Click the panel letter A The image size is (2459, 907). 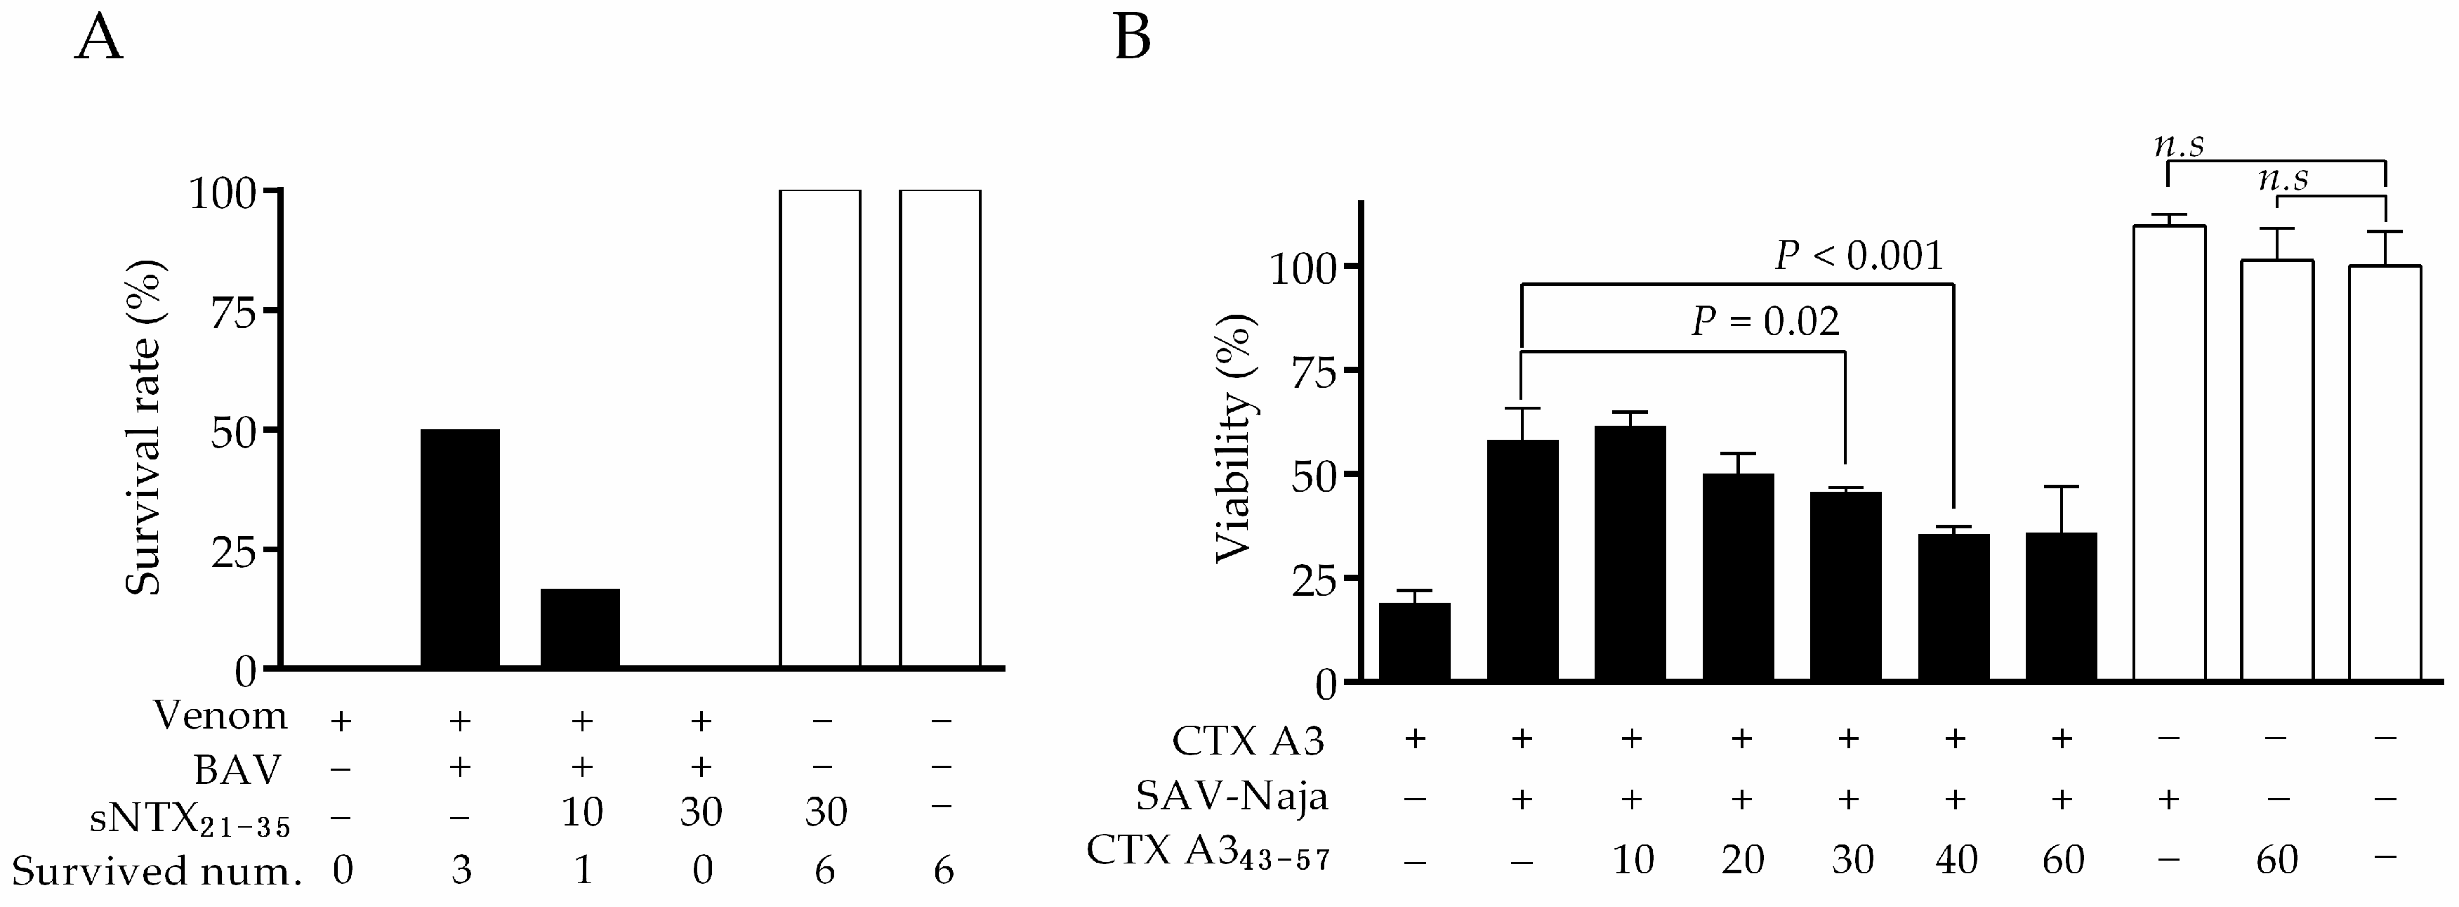(x=98, y=40)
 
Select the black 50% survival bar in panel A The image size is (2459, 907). (x=460, y=548)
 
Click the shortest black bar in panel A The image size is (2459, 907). (x=579, y=627)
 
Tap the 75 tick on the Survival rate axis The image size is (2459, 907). (x=233, y=311)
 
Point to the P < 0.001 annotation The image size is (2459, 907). (x=1858, y=256)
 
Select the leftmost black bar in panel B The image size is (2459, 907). (x=1415, y=641)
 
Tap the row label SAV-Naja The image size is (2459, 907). (x=1232, y=795)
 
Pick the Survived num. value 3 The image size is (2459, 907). (x=461, y=870)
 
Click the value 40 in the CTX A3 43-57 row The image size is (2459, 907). (x=1955, y=860)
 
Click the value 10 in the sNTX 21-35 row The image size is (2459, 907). (x=581, y=812)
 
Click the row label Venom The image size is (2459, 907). (x=220, y=716)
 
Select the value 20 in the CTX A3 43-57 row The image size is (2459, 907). (x=1741, y=860)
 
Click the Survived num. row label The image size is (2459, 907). (x=156, y=870)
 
